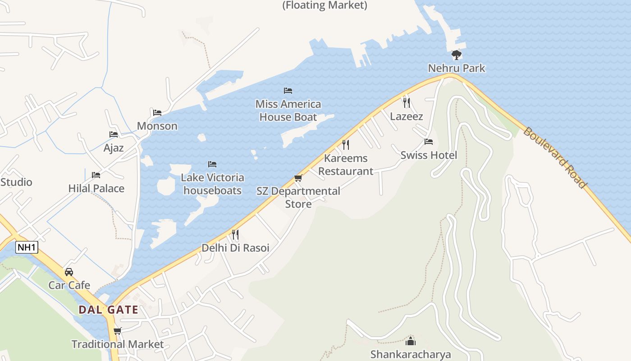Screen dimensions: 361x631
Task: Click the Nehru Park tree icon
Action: pyautogui.click(x=457, y=55)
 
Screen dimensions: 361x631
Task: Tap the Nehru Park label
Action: pyautogui.click(x=457, y=68)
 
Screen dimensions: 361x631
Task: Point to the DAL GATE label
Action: pyautogui.click(x=108, y=310)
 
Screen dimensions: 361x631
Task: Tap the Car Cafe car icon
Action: pyautogui.click(x=69, y=272)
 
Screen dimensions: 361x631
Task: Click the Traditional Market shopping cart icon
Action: pyautogui.click(x=118, y=331)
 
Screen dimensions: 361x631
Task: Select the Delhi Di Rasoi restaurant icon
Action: pyautogui.click(x=235, y=234)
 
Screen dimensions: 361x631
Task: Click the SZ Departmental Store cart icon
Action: pyautogui.click(x=298, y=178)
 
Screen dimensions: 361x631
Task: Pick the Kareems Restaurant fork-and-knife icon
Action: pyautogui.click(x=346, y=145)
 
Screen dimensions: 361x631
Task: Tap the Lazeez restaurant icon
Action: pyautogui.click(x=407, y=102)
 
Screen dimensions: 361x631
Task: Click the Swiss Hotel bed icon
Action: pyautogui.click(x=429, y=142)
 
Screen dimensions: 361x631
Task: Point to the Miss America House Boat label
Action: pyautogui.click(x=288, y=111)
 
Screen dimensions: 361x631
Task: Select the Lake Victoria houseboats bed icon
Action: pyautogui.click(x=212, y=164)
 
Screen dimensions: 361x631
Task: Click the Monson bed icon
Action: pyautogui.click(x=157, y=112)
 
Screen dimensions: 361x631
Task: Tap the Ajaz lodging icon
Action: pyautogui.click(x=114, y=134)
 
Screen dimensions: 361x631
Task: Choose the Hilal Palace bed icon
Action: pyautogui.click(x=96, y=175)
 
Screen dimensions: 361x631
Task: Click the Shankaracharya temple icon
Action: pyautogui.click(x=411, y=341)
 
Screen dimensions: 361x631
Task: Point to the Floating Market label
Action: pyautogui.click(x=325, y=5)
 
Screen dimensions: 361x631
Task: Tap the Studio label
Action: pyautogui.click(x=16, y=182)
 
